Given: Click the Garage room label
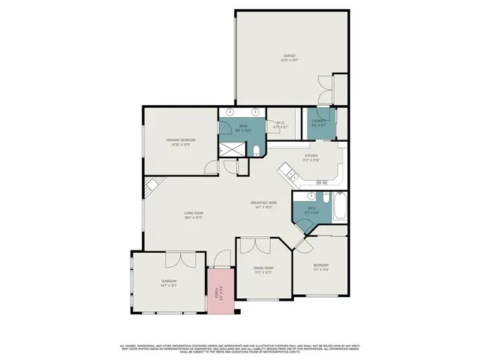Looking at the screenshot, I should (289, 57).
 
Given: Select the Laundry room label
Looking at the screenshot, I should (319, 126).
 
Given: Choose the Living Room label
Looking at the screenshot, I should (194, 216).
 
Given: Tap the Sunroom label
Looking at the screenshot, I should (168, 283).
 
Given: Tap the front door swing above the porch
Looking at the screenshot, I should (220, 260).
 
